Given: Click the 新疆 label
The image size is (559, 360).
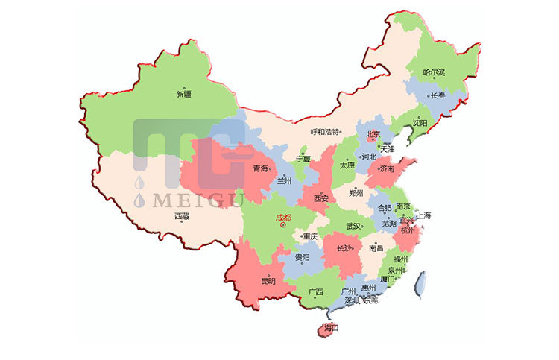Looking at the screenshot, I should [183, 95].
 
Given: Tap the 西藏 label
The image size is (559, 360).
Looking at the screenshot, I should [182, 216].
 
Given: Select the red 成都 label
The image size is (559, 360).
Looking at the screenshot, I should [283, 218].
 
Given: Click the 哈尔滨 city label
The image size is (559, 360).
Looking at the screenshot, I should [434, 73].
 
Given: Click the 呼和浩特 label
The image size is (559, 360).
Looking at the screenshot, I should [324, 132].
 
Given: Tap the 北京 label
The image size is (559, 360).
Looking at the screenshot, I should [372, 135].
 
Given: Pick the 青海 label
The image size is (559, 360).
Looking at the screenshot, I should [260, 168].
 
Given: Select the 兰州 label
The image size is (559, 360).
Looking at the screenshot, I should [284, 181].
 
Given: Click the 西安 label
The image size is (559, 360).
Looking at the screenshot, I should [321, 199].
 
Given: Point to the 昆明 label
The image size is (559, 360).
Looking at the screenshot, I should [268, 281].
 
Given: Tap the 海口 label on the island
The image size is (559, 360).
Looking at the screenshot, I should [331, 327].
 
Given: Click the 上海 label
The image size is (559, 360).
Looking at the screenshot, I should [423, 215].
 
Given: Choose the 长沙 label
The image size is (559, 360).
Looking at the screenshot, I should [344, 248].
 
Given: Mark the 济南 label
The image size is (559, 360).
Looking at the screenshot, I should [387, 169].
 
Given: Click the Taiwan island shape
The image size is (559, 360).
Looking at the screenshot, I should [420, 283].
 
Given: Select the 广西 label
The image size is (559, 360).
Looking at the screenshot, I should [315, 291].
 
